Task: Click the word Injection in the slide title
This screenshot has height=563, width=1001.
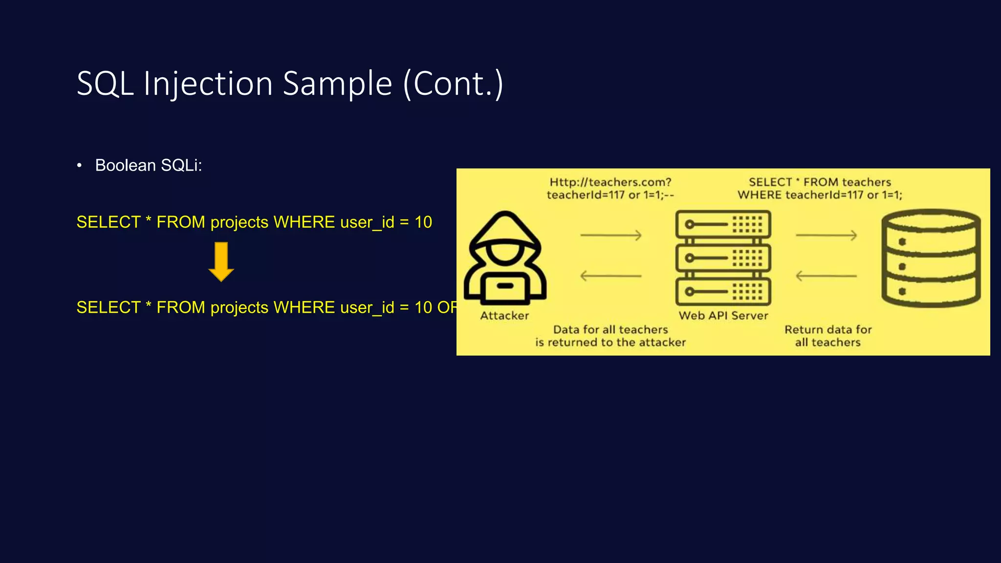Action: (208, 84)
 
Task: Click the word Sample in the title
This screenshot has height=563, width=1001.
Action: (337, 84)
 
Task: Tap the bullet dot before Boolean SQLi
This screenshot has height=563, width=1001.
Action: (79, 166)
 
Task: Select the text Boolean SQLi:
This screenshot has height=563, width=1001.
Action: (148, 166)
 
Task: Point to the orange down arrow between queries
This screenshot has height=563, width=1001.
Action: (221, 261)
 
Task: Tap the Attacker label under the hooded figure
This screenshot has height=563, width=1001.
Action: (504, 316)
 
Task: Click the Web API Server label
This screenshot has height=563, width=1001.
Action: (723, 316)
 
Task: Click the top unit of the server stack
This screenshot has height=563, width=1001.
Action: (723, 224)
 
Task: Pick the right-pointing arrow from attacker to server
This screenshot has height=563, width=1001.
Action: (611, 236)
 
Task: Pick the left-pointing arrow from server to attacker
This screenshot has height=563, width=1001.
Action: (611, 276)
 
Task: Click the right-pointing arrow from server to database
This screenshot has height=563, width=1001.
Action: (827, 236)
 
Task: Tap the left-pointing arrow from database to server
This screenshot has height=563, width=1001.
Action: (827, 276)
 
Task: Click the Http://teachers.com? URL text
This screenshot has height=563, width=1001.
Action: (610, 182)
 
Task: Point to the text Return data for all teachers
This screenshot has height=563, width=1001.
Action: (828, 336)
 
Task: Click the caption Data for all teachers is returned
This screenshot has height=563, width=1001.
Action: (610, 336)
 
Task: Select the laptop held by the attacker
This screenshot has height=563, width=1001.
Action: (505, 288)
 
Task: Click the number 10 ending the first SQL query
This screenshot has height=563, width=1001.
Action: (423, 222)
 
